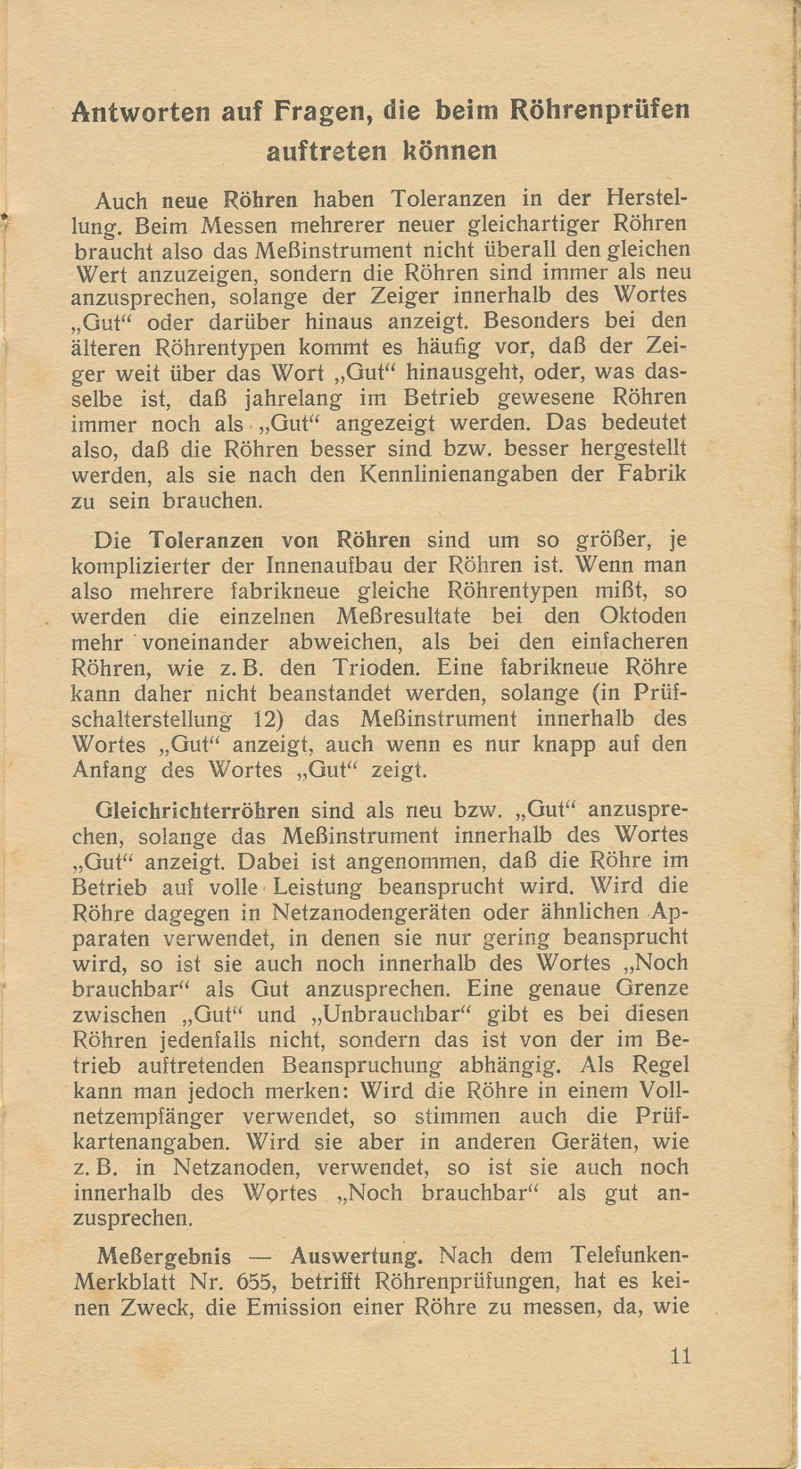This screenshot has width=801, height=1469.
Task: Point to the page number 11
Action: (680, 1356)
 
